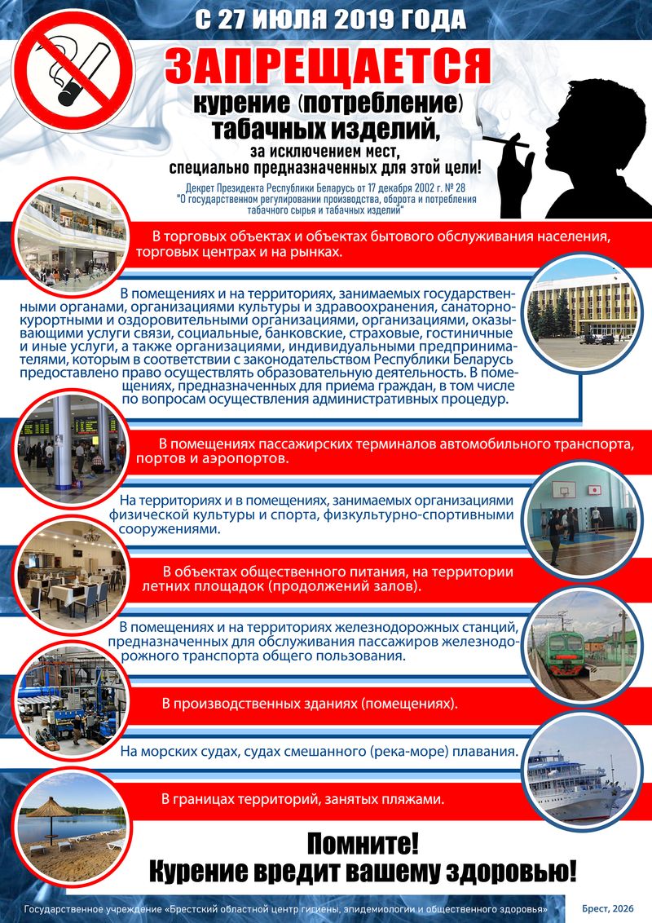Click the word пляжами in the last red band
point(413,799)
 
